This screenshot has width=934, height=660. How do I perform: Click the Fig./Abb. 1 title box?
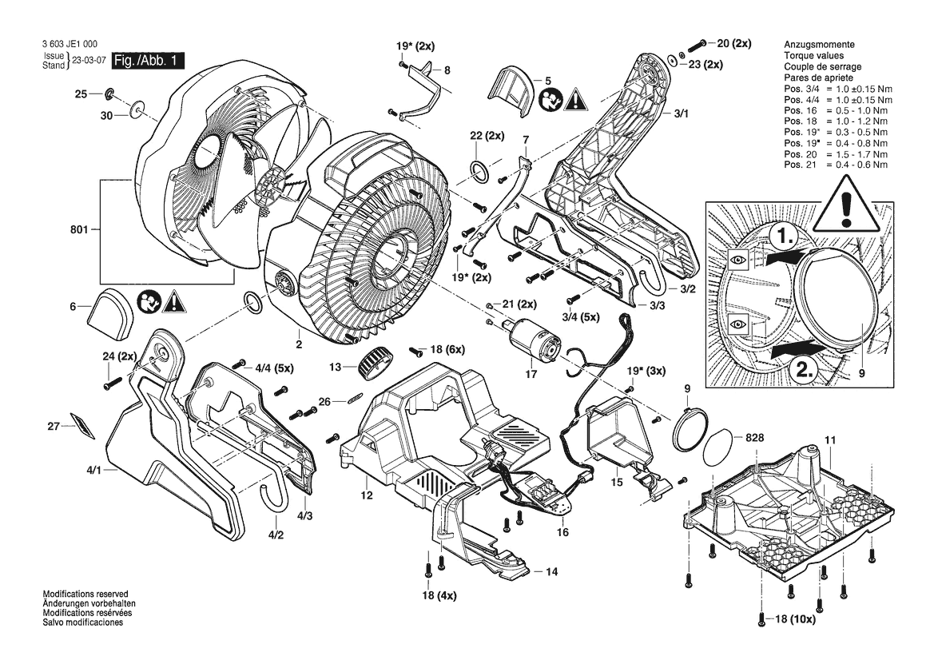click(x=148, y=61)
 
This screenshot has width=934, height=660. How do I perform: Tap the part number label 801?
click(x=79, y=229)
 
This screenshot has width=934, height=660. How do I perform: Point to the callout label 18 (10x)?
click(x=795, y=619)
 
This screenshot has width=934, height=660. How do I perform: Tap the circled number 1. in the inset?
click(x=781, y=237)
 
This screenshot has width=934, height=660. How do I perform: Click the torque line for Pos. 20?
click(x=836, y=153)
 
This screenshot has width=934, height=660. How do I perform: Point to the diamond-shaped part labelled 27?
click(x=82, y=425)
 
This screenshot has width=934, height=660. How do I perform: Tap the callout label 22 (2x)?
click(x=487, y=136)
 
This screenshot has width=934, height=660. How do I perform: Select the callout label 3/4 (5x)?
click(x=581, y=317)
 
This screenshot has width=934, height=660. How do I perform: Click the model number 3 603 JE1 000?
click(x=70, y=44)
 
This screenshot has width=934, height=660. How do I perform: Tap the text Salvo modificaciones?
click(x=83, y=622)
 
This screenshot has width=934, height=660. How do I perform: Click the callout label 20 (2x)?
click(x=733, y=43)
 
